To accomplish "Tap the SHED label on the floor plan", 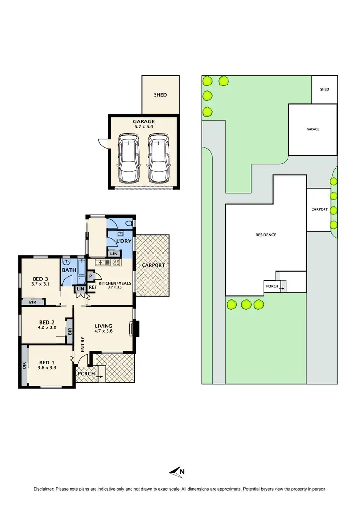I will [x=160, y=95].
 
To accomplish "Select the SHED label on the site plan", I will [x=325, y=89].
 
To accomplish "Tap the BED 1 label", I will [x=47, y=363].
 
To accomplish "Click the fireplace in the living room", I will [x=136, y=329].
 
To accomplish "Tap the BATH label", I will [x=68, y=271].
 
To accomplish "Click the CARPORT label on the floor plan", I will [x=154, y=265].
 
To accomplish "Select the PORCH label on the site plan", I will [x=272, y=287].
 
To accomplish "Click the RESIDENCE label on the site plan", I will [x=265, y=235].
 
